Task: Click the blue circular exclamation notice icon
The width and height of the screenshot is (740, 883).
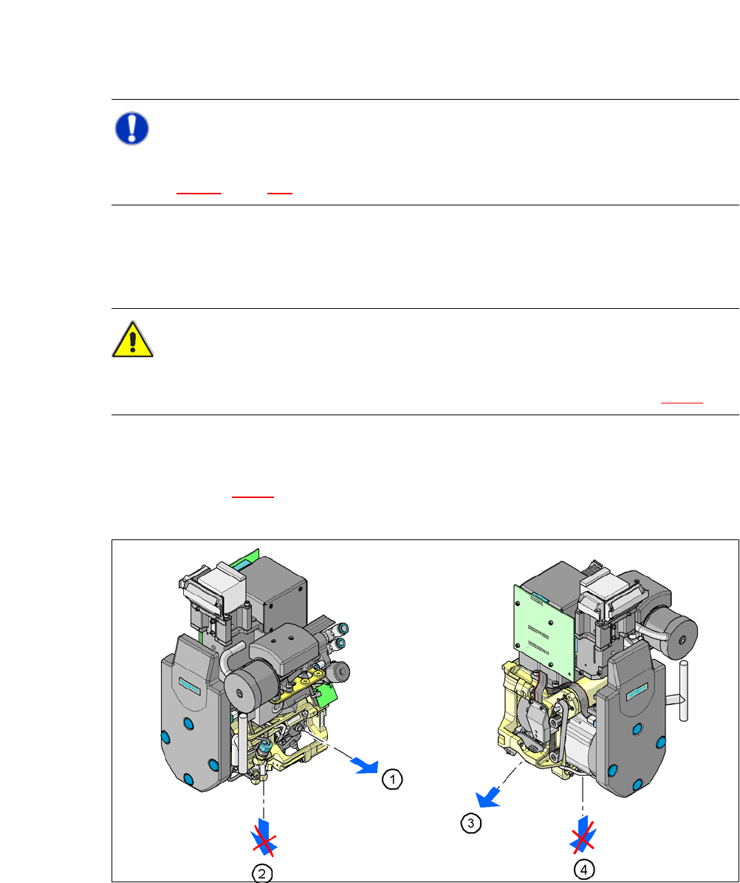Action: tap(131, 129)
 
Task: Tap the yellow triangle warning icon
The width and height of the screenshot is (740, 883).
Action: tap(132, 339)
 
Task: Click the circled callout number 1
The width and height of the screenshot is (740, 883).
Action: tap(392, 780)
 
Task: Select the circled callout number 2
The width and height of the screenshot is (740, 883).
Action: tap(262, 873)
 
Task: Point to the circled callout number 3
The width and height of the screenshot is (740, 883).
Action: tap(471, 823)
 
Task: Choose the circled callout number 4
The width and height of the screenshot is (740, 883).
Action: tap(584, 870)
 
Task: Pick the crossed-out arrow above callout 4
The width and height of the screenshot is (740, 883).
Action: tap(583, 834)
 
